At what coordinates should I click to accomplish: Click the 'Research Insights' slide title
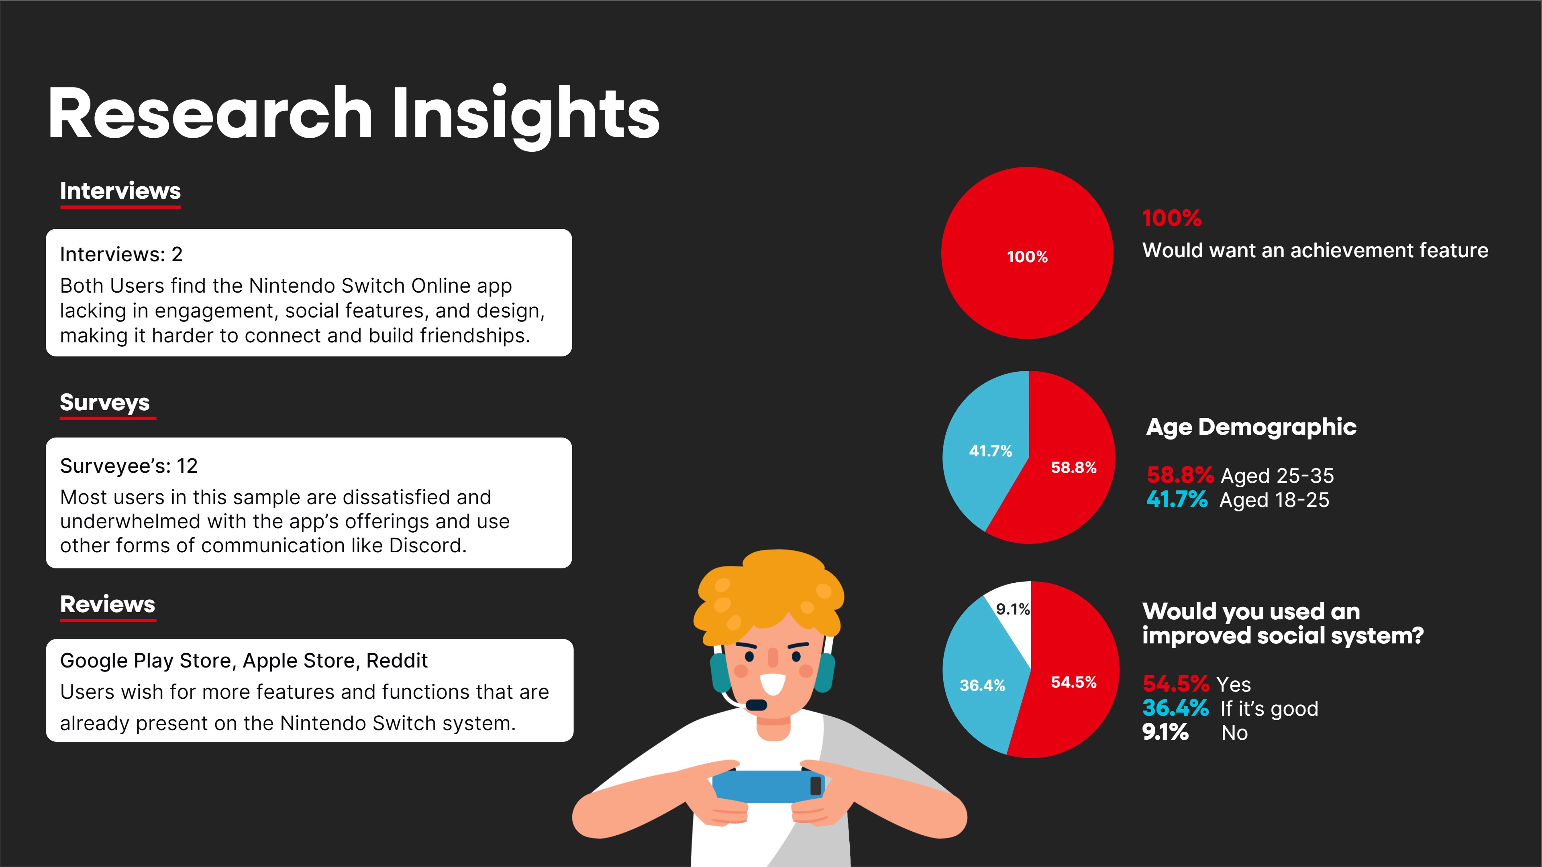click(x=353, y=114)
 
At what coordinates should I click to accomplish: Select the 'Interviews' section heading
click(x=120, y=191)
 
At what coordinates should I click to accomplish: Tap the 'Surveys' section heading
click(x=105, y=402)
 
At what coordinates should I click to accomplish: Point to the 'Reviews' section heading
click(x=108, y=604)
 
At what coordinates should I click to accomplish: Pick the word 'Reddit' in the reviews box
click(x=397, y=661)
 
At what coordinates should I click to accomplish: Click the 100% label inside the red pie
click(x=1027, y=257)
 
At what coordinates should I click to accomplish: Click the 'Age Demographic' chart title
click(x=1251, y=427)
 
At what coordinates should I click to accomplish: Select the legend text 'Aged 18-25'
click(x=1275, y=500)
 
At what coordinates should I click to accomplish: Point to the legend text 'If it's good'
click(x=1269, y=709)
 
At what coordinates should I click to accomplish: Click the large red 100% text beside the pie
click(x=1171, y=218)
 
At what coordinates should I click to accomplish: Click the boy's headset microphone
click(x=756, y=704)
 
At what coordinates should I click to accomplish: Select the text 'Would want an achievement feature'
click(x=1315, y=250)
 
